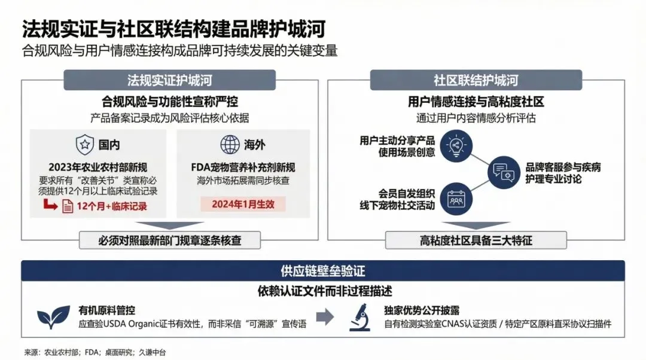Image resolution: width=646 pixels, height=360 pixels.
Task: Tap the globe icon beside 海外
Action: tap(230, 144)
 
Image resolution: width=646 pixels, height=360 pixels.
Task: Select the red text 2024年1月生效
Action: tap(243, 203)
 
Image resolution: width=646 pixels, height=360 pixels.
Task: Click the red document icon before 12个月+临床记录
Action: tap(68, 207)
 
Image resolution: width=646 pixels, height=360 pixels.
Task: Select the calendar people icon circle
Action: tap(456, 199)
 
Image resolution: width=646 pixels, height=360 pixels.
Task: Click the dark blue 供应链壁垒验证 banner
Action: tap(323, 270)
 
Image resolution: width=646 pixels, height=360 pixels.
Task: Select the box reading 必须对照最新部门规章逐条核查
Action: tap(170, 240)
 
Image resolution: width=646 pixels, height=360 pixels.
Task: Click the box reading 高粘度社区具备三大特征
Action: tap(476, 240)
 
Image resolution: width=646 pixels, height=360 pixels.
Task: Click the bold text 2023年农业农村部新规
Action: tap(98, 167)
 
